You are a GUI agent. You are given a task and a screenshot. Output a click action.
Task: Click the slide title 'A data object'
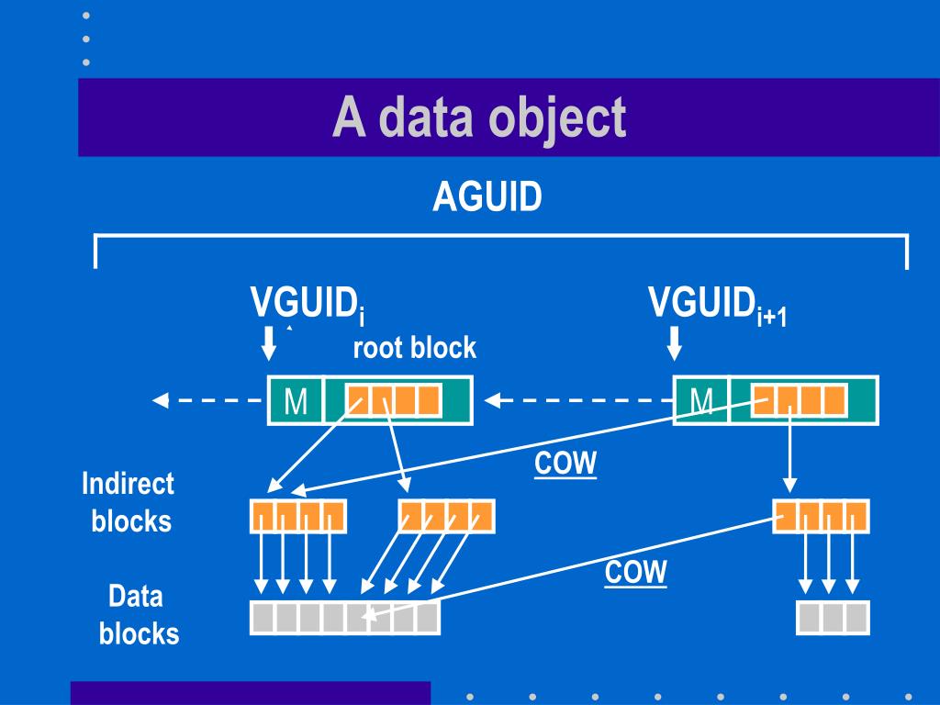[x=479, y=117]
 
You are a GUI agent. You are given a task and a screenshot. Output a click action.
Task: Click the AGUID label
[x=487, y=196]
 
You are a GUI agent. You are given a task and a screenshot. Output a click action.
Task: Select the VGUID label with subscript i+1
[x=717, y=305]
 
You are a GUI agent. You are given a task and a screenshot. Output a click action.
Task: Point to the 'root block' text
[x=414, y=348]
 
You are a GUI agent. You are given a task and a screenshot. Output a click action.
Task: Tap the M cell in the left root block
[x=296, y=401]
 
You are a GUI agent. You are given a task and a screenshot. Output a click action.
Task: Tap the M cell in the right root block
[x=701, y=401]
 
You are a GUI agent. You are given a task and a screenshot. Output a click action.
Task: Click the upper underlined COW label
[x=565, y=464]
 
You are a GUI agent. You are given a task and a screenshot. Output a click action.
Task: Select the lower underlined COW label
[x=635, y=573]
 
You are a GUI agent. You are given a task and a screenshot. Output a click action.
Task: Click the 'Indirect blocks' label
[x=129, y=502]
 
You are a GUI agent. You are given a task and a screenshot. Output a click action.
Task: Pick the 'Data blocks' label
[x=138, y=615]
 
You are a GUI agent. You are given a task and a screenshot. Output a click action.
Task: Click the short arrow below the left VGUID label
[x=268, y=343]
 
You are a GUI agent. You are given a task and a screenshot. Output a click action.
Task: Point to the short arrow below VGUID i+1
[x=675, y=343]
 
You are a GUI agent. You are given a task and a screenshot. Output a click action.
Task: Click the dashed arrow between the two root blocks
[x=578, y=400]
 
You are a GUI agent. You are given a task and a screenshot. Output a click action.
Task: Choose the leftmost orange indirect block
[x=298, y=516]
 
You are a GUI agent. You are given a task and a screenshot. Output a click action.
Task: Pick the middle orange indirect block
[x=447, y=516]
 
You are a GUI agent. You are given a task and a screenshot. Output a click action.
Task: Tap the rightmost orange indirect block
[x=821, y=516]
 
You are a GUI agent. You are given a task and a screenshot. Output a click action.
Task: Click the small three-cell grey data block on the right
[x=833, y=617]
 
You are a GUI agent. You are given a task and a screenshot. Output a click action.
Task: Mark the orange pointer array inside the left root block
[x=394, y=400]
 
